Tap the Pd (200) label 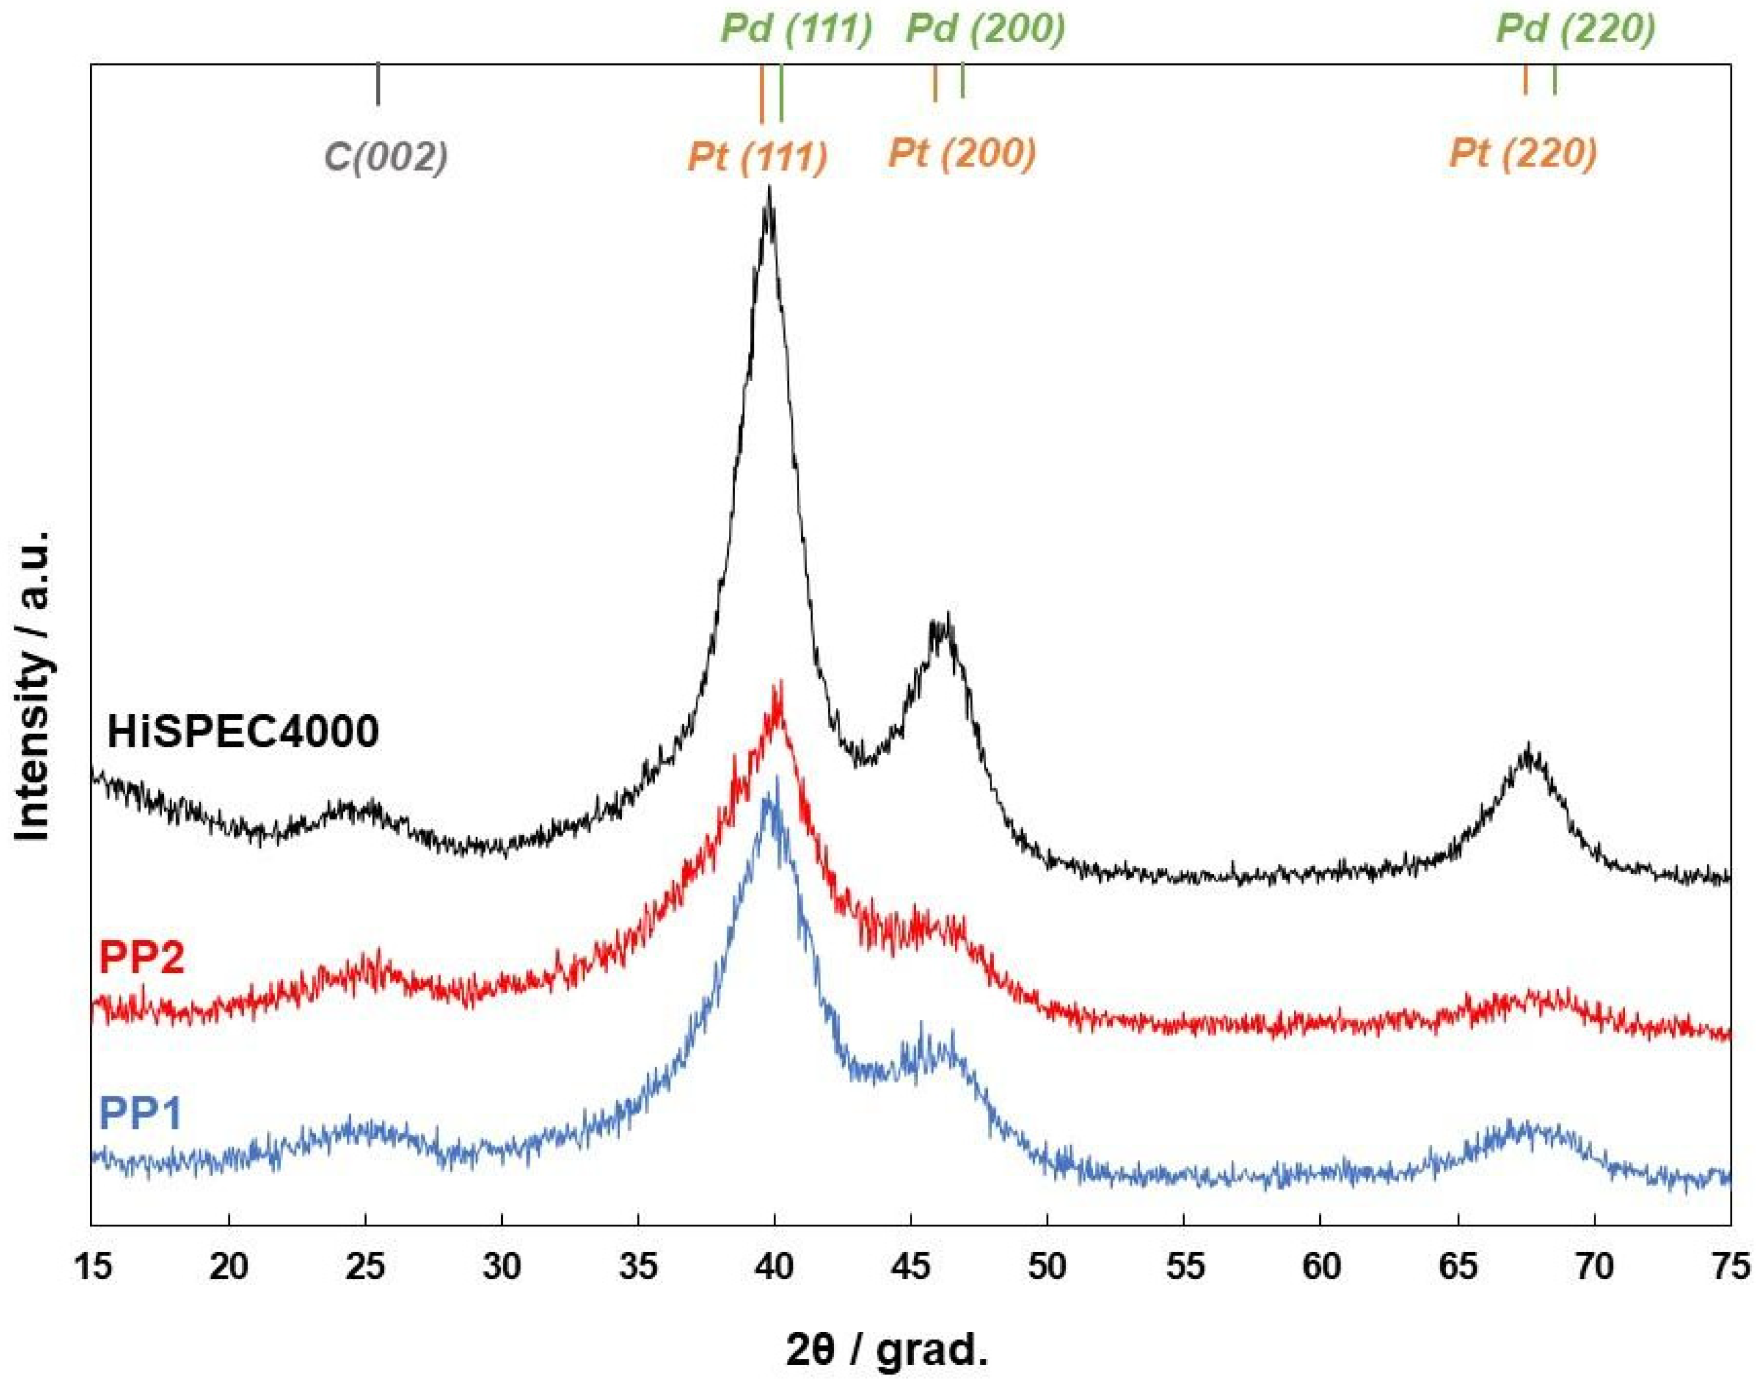pos(985,30)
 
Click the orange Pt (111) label pos(757,156)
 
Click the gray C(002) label pos(386,156)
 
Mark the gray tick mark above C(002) pos(378,85)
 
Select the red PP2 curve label pos(141,957)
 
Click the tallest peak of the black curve pos(768,191)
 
